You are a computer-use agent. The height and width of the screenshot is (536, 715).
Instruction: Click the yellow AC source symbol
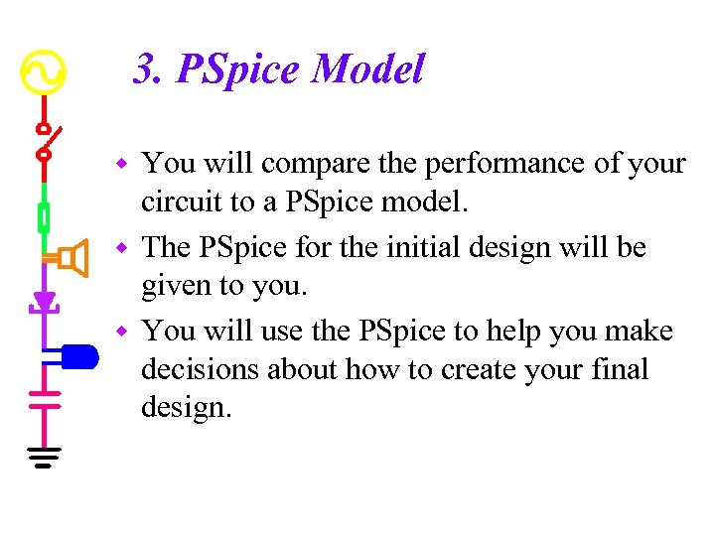pos(44,70)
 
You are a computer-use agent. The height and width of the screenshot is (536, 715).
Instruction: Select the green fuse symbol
pos(44,215)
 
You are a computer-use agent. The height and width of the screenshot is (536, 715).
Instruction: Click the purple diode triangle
pos(44,300)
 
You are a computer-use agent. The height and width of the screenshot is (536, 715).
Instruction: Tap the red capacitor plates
pos(44,397)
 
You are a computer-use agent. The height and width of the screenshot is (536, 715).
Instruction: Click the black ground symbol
pos(44,457)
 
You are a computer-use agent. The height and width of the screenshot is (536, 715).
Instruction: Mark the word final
pos(618,370)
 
